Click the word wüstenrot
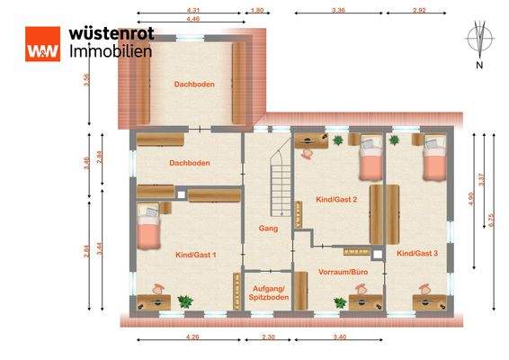pos(111,33)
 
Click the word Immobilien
pos(111,51)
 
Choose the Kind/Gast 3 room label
pos(416,254)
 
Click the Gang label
pos(267,229)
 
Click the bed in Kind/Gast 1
pos(148,228)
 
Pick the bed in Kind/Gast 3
pos(434,158)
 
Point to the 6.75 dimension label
pos(491,217)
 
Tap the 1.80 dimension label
pos(256,10)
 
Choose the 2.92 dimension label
pos(418,10)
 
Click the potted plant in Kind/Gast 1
pos(185,301)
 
